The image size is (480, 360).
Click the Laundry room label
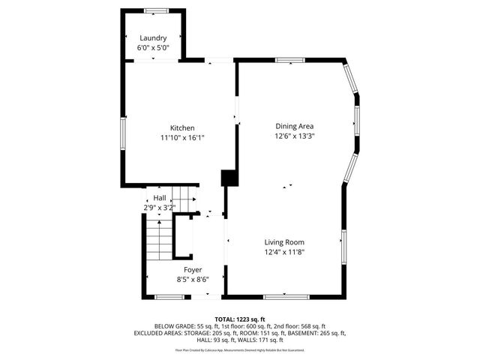tap(153, 37)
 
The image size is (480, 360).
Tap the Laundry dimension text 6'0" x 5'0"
tap(153, 47)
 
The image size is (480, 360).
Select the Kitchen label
tap(181, 127)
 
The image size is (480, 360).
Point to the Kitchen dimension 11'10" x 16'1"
tap(181, 137)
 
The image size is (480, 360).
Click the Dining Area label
tap(294, 126)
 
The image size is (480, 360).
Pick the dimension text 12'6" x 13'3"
tap(294, 136)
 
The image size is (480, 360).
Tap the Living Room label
tap(283, 241)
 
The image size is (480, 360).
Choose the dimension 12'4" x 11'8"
tap(283, 252)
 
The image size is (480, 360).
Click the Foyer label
tap(193, 268)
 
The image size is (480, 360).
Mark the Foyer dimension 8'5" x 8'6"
tap(193, 279)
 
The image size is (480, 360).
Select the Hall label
tap(160, 197)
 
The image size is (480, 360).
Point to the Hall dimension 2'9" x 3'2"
tap(160, 207)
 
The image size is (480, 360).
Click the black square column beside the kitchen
tap(229, 178)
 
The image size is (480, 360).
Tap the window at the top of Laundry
tap(156, 10)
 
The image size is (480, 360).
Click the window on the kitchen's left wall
tap(123, 133)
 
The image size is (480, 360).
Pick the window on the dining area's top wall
tap(288, 60)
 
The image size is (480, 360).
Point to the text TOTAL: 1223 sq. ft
tap(240, 319)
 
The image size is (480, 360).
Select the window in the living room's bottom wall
tap(285, 296)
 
